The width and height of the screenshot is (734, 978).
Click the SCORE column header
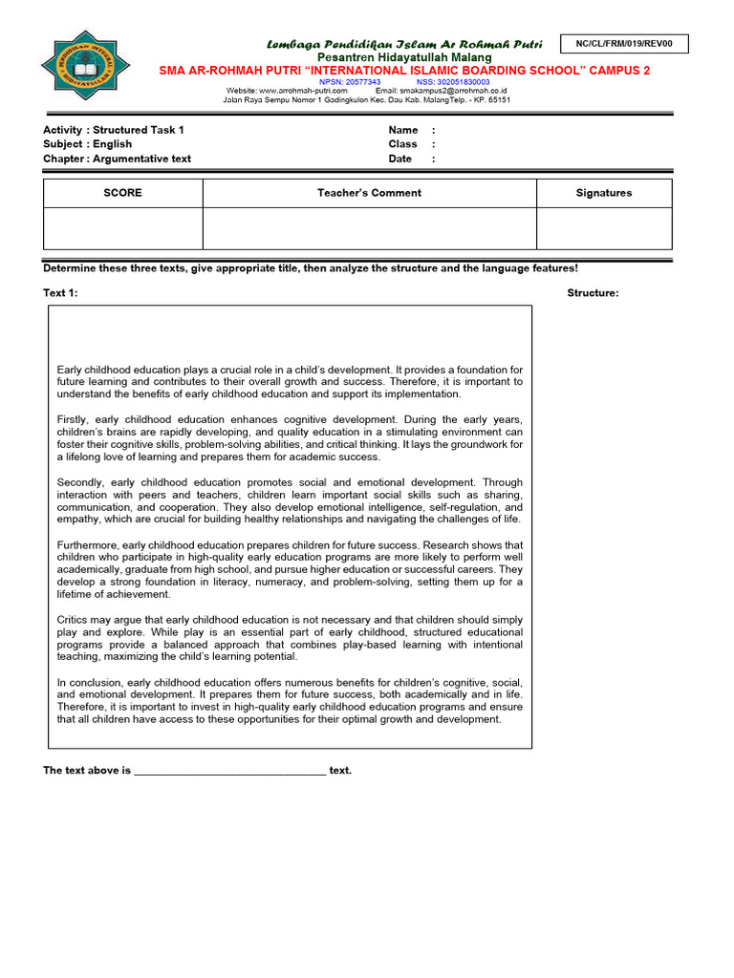pos(122,193)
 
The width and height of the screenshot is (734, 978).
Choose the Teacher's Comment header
pos(369,193)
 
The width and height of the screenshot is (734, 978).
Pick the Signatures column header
pos(604,193)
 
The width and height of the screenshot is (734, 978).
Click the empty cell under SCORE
pos(122,228)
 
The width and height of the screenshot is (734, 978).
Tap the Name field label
pos(403,130)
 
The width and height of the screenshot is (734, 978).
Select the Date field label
pos(400,159)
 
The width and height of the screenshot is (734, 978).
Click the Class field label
pos(403,144)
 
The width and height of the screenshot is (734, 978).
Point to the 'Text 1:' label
pos(60,293)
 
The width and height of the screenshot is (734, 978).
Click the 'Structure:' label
pos(593,293)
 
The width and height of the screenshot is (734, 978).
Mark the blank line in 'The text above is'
pos(229,771)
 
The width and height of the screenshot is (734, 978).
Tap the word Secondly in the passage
pos(79,482)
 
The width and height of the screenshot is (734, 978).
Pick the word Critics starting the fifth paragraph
pos(74,620)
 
